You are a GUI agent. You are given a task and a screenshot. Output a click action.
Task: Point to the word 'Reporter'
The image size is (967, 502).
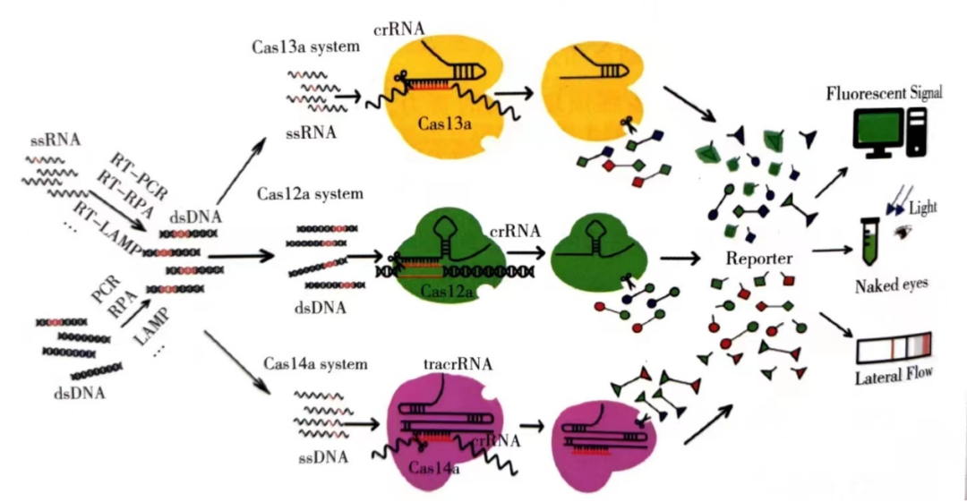tap(759, 259)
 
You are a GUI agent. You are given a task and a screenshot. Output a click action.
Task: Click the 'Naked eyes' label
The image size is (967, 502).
tap(890, 285)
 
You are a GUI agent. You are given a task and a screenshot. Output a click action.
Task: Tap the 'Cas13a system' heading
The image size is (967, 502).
tap(305, 47)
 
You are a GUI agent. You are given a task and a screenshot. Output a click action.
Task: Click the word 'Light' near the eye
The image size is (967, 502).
tap(923, 208)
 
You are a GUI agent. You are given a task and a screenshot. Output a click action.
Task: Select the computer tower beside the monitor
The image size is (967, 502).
tap(918, 130)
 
